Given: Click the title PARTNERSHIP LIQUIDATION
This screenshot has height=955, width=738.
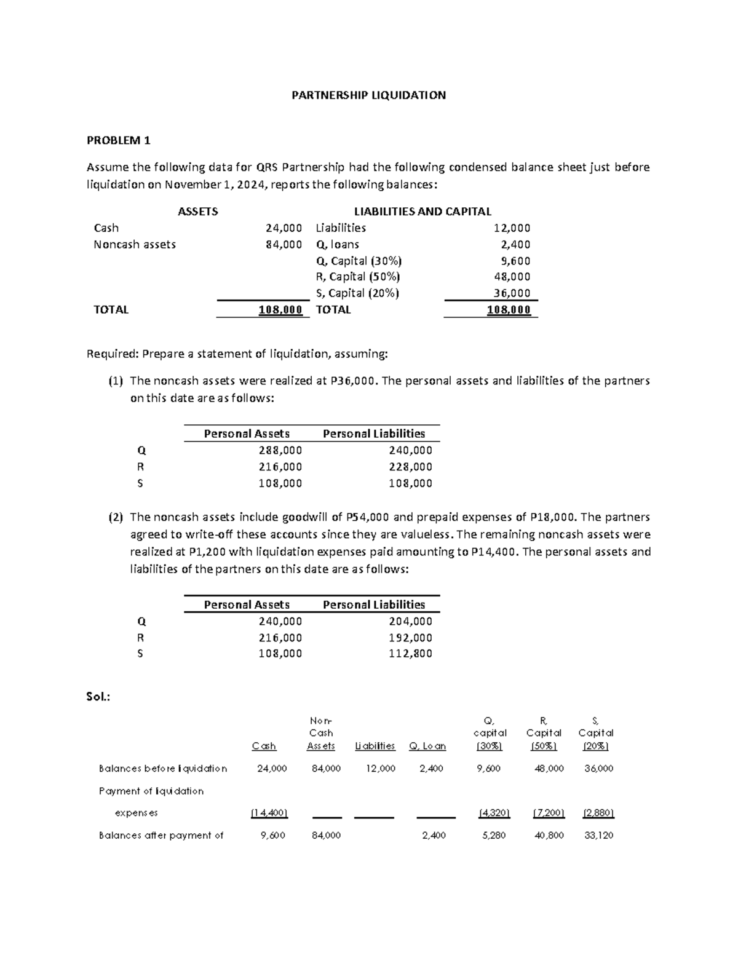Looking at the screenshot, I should (x=368, y=95).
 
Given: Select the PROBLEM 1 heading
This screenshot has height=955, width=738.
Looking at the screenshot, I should (x=119, y=140).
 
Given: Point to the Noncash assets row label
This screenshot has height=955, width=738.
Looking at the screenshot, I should (x=135, y=245).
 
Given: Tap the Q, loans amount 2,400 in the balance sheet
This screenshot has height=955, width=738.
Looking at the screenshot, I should (x=515, y=245).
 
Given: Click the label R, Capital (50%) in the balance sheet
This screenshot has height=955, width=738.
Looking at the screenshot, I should (x=357, y=277).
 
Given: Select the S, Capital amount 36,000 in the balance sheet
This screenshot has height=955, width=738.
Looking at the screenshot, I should (x=512, y=293).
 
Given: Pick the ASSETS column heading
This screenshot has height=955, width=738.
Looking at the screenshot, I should (x=197, y=212).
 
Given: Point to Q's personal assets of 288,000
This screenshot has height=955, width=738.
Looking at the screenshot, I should (x=280, y=450).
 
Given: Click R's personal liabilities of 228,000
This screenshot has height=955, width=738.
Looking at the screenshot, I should (x=410, y=467).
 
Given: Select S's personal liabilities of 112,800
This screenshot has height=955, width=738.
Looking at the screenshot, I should (x=410, y=654).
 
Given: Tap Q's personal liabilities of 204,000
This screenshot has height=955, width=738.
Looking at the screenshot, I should (x=410, y=621).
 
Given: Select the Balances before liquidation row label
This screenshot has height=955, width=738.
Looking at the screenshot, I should (x=162, y=769).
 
